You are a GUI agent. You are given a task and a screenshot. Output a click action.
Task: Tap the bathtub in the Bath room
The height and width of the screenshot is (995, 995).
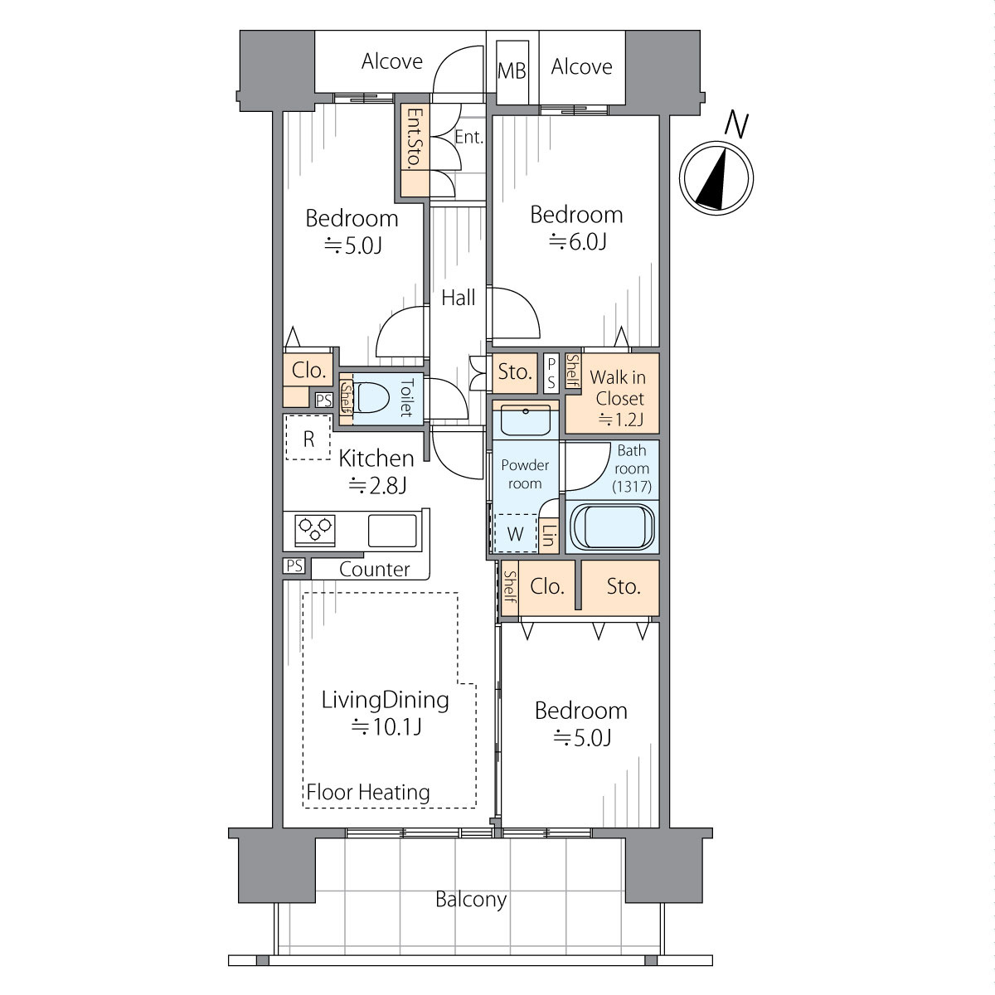[x=612, y=527]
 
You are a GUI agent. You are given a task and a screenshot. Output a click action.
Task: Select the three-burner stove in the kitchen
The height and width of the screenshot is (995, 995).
[x=314, y=531]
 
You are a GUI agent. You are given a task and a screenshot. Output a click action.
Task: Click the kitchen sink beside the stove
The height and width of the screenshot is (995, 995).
[x=392, y=531]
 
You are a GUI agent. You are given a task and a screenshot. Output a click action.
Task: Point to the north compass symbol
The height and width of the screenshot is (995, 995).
[x=716, y=178]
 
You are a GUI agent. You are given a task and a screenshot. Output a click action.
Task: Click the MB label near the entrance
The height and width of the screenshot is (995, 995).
[x=512, y=71]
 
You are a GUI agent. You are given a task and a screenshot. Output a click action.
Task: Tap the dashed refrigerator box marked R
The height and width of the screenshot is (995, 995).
[x=308, y=437]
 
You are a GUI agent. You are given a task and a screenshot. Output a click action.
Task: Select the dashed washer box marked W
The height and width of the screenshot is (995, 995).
[x=515, y=533]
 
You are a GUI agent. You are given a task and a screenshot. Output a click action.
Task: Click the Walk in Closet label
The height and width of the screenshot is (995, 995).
[x=618, y=388]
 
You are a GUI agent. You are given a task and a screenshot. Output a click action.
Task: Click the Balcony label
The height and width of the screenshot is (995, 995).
[x=471, y=900]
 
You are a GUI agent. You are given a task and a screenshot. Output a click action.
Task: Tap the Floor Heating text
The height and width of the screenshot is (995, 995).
[x=368, y=792]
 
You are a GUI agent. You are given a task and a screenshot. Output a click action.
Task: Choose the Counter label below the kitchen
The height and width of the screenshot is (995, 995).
[x=374, y=569]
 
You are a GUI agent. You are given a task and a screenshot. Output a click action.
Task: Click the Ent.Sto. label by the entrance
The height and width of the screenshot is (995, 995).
[x=415, y=138]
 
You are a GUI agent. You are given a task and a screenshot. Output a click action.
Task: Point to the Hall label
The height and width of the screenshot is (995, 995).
[x=459, y=298]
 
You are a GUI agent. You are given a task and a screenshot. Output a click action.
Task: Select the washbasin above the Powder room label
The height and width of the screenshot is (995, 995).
[x=526, y=420]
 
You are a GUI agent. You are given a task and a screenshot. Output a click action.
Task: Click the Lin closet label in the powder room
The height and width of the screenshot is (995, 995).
[x=549, y=536]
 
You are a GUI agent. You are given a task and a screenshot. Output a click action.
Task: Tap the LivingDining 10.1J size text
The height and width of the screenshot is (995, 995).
[x=386, y=727]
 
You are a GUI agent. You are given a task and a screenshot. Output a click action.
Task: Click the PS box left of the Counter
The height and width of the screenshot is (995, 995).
[x=294, y=565]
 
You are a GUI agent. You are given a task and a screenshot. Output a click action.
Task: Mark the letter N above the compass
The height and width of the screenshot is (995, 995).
[x=736, y=125]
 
